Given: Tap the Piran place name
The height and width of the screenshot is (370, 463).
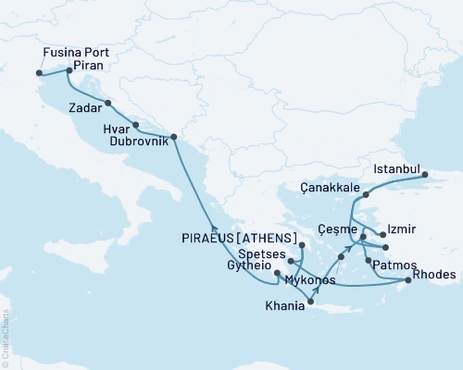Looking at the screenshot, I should (x=87, y=67).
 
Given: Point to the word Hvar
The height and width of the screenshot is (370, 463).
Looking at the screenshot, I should (x=115, y=131).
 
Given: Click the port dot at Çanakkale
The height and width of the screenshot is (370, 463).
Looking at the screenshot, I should (x=366, y=195).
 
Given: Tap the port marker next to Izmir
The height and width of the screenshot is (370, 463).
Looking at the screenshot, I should (x=382, y=236).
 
